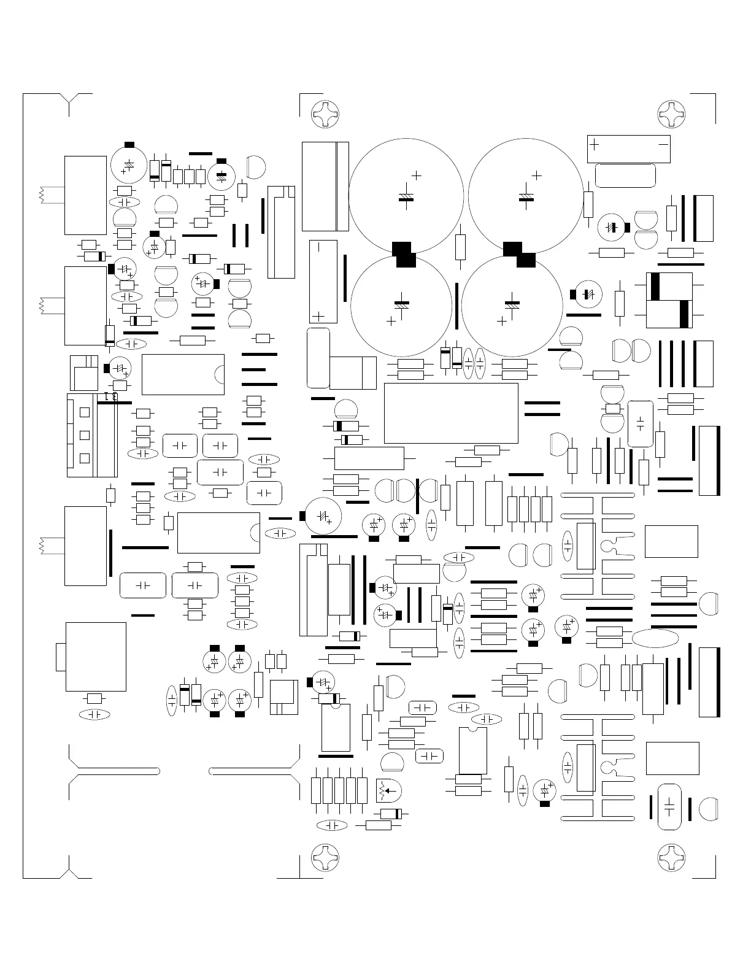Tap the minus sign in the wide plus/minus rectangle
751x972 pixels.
coord(663,144)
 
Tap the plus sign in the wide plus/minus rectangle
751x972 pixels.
coord(594,144)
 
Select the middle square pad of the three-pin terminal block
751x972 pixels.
coord(85,434)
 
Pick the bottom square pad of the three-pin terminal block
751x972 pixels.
coord(85,458)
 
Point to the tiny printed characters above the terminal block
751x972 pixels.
coord(111,396)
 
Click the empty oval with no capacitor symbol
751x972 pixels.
coord(655,638)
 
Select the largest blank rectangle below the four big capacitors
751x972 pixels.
coord(451,413)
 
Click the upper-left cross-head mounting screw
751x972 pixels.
coord(325,114)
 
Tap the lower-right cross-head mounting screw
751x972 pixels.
coord(671,857)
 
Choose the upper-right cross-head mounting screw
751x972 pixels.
coord(671,114)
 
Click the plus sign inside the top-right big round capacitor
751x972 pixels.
coord(537,175)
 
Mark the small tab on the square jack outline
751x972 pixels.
coord(60,657)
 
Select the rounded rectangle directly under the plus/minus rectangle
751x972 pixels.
coord(625,175)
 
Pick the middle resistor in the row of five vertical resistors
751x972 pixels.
coord(339,790)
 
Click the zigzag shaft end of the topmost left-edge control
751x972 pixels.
coord(42,195)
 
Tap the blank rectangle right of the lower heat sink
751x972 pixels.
coord(672,758)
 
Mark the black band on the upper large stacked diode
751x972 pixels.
coord(655,286)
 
